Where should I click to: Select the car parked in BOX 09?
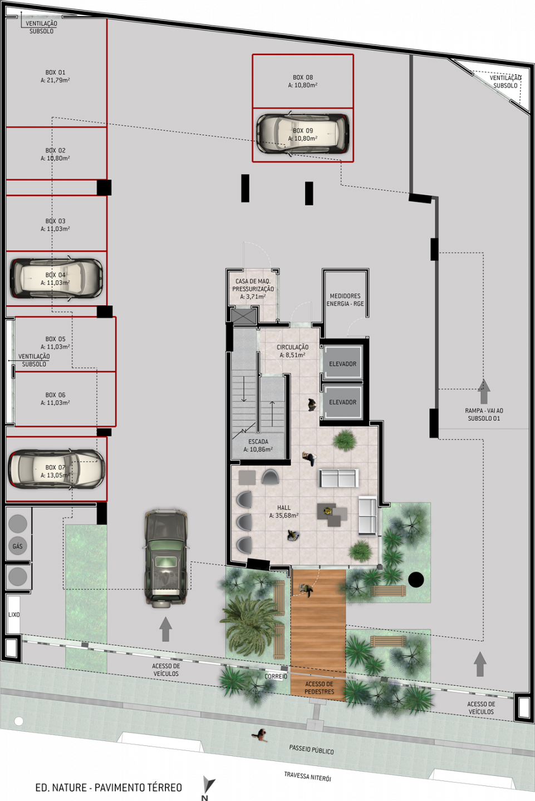303,134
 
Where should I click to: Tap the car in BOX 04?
56,278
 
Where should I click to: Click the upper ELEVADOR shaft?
342,361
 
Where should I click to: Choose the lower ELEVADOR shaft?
342,402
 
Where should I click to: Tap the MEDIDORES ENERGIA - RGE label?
345,300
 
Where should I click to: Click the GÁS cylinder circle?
17,546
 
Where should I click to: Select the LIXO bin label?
14,614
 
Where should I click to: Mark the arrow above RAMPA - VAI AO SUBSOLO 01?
484,391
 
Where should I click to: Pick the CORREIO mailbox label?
276,676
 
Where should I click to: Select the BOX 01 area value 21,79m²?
55,81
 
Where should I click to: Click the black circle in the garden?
416,579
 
